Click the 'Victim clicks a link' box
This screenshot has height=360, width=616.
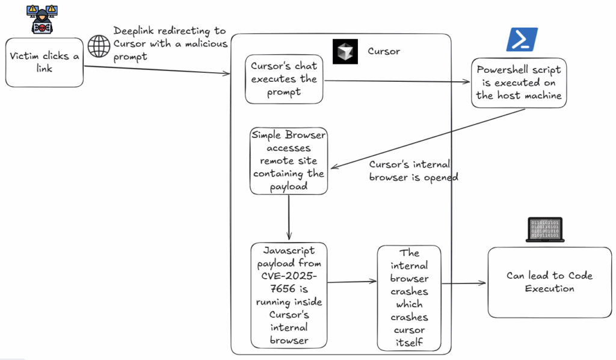(x=44, y=63)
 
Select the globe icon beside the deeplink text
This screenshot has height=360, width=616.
(x=98, y=46)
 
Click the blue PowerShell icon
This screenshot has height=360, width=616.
(x=521, y=40)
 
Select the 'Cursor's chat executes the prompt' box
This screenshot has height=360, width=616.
(x=284, y=79)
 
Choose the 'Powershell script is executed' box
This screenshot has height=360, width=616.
(x=519, y=82)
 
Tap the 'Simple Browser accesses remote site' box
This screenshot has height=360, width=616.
(x=289, y=161)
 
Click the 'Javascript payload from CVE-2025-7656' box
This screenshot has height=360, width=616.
(x=289, y=295)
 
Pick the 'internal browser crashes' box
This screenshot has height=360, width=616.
(x=409, y=297)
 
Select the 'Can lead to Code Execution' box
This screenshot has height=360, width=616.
(x=549, y=282)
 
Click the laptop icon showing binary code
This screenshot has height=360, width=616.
(x=544, y=230)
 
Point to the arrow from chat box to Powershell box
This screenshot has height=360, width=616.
(x=397, y=80)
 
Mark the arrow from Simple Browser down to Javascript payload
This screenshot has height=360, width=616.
(x=289, y=217)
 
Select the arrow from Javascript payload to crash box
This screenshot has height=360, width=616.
(x=352, y=281)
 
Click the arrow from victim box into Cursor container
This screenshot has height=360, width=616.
(x=156, y=69)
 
